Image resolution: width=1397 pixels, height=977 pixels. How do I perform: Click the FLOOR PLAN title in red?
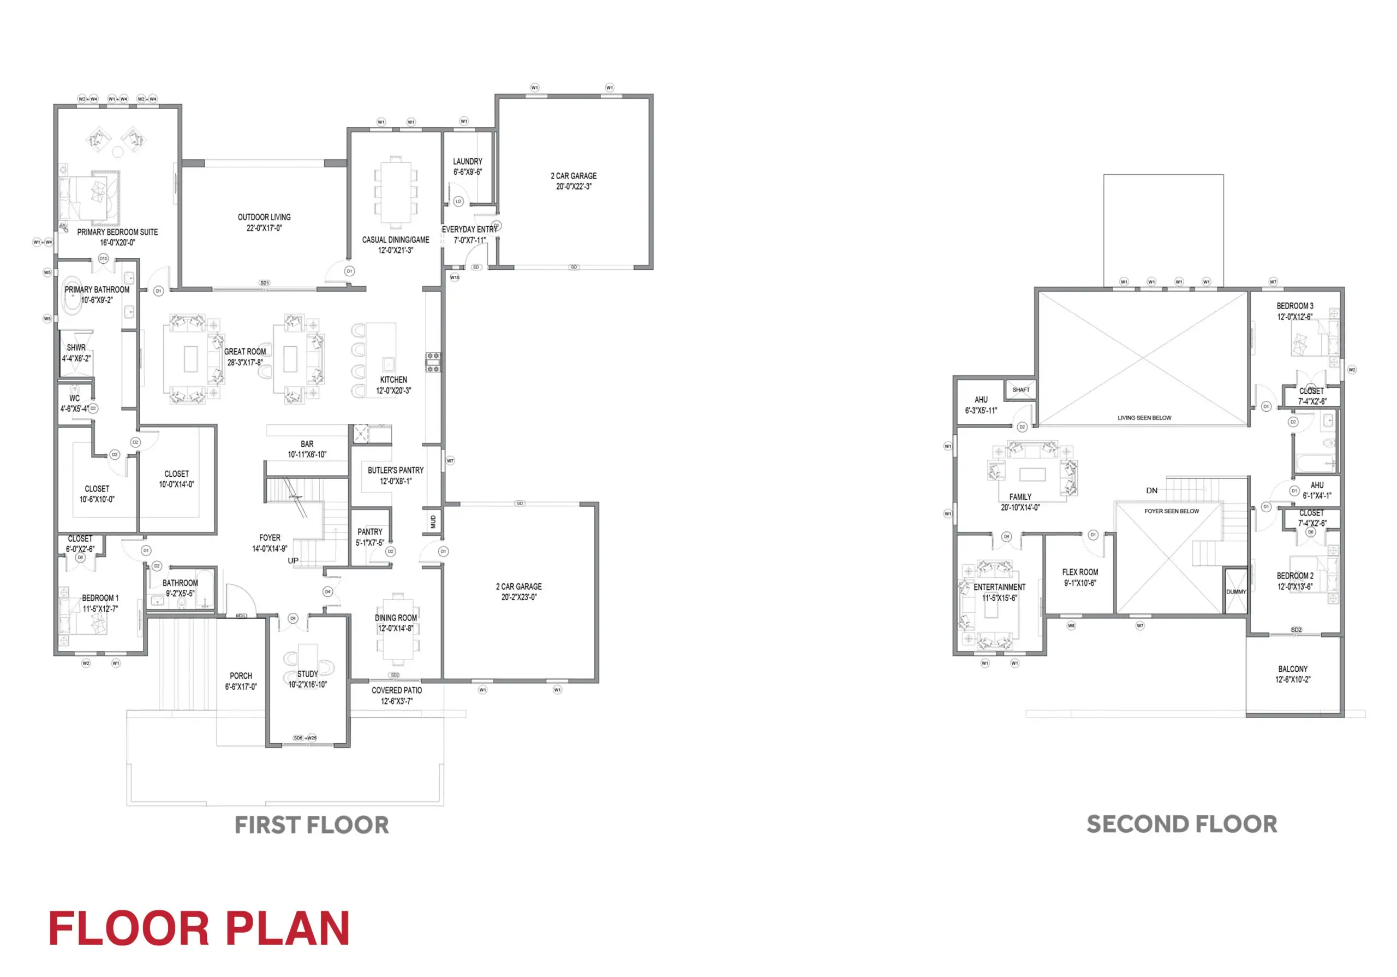[x=199, y=928]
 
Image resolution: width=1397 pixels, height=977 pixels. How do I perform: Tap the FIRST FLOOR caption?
[x=312, y=825]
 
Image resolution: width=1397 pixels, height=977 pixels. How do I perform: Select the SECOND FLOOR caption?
[x=1181, y=824]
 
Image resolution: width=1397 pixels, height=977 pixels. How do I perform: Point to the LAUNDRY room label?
[x=467, y=161]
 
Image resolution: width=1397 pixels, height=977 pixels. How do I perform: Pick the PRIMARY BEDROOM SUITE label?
[x=117, y=232]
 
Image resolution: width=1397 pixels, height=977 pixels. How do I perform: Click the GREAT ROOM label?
[x=244, y=352]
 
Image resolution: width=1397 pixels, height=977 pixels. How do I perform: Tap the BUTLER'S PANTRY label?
[x=396, y=471]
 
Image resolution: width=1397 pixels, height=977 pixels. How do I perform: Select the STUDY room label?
[x=307, y=674]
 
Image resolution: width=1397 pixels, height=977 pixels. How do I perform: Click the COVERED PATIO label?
[x=397, y=690]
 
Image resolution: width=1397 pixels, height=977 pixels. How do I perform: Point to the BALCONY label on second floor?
[x=1293, y=669]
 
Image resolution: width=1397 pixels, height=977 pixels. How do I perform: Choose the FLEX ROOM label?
[x=1080, y=572]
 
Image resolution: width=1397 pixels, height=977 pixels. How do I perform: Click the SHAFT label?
[x=1021, y=389]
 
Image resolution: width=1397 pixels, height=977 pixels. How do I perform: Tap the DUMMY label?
[x=1236, y=591]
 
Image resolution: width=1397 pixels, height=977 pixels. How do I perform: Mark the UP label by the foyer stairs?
[x=293, y=561]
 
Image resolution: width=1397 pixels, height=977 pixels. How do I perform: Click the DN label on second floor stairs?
[x=1152, y=490]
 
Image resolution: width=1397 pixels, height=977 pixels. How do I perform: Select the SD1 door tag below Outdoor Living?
[x=264, y=283]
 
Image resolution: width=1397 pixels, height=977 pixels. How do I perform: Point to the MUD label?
[x=433, y=522]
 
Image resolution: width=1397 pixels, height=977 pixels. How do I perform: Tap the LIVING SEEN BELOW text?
[x=1144, y=418]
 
